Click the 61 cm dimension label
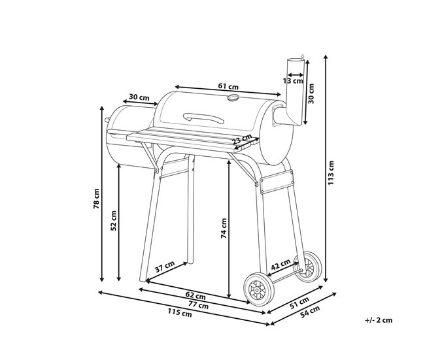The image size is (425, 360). click(x=228, y=87)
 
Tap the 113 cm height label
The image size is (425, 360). click(x=331, y=173)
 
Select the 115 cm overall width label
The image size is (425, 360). click(x=180, y=312)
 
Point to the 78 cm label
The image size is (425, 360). click(x=97, y=199)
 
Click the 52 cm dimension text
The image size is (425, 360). click(x=114, y=220)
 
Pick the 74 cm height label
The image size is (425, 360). click(x=224, y=229)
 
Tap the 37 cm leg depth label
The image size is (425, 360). click(x=165, y=267)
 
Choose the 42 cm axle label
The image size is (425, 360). click(x=280, y=265)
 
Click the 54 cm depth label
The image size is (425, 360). click(x=310, y=312)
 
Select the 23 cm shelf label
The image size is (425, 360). click(x=242, y=139)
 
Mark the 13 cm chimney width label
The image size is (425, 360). click(x=293, y=81)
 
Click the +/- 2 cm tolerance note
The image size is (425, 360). click(x=379, y=320)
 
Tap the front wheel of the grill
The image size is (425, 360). click(x=259, y=289)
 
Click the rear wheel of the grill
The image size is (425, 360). click(x=309, y=267)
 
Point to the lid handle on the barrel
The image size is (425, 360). click(x=203, y=118)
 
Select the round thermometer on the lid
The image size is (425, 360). click(x=233, y=97)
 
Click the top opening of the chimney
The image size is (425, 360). click(x=295, y=59)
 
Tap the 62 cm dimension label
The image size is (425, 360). click(x=195, y=295)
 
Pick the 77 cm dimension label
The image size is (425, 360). click(x=198, y=304)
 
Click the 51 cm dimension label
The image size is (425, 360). click(x=299, y=303)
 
